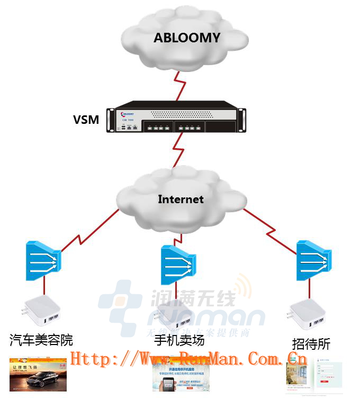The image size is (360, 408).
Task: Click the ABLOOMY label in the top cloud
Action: click(186, 38)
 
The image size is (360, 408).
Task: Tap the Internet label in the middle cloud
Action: click(181, 200)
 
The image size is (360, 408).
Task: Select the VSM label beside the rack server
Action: click(86, 120)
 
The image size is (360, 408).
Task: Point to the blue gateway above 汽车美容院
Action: click(43, 260)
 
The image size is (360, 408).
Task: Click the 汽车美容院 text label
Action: click(41, 340)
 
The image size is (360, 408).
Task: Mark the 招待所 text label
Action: click(311, 344)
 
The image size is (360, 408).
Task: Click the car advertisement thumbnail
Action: click(38, 375)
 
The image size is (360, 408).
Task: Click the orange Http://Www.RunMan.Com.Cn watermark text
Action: click(188, 359)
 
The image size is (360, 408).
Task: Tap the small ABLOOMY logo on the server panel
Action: click(128, 113)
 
